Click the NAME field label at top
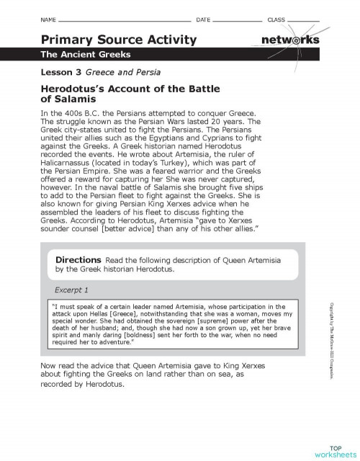tap(48, 18)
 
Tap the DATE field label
tap(202, 18)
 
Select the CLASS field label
tap(276, 18)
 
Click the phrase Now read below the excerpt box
tap(56, 366)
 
